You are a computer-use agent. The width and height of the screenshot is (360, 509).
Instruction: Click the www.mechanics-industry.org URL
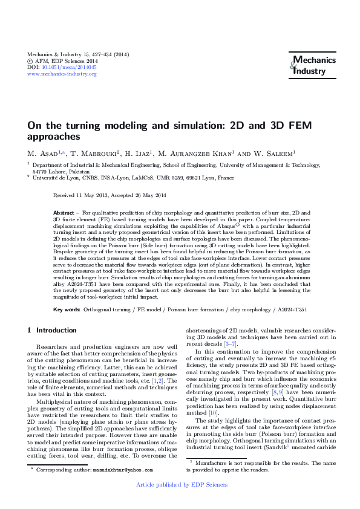59,74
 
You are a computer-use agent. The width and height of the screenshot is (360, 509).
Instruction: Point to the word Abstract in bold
64,213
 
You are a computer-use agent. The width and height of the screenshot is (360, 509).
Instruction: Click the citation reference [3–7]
230,343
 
